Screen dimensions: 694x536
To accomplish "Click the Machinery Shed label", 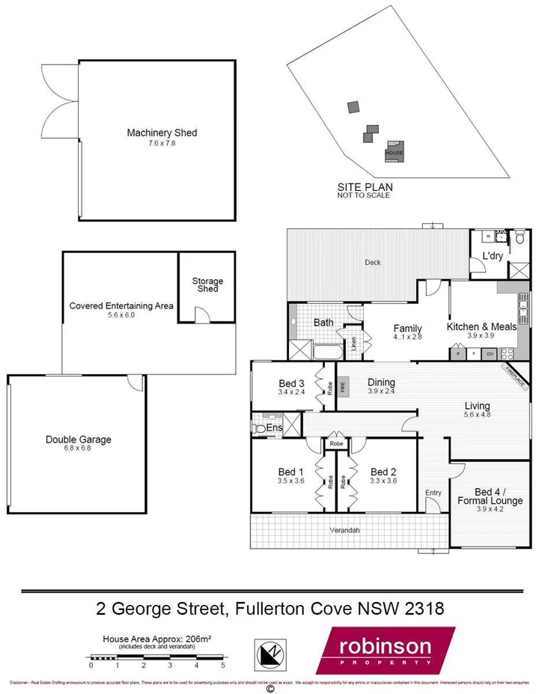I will pos(161,133).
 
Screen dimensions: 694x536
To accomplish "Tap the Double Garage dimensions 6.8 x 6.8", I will pos(78,449).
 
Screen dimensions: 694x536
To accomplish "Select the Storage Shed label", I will pos(207,285).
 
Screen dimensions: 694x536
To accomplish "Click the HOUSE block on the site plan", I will pos(394,149).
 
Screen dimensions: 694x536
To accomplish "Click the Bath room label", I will pos(323,323).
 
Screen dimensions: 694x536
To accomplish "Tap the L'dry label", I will pos(492,256).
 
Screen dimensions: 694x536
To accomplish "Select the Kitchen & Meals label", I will pos(481,327).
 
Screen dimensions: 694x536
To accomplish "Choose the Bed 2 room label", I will pos(383,471).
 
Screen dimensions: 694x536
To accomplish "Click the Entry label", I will pos(433,492).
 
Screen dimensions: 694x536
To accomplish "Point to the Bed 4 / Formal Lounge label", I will pos(489,495).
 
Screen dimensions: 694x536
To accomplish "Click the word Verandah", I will pos(346,530).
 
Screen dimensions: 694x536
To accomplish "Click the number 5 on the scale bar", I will pos(222,665).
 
